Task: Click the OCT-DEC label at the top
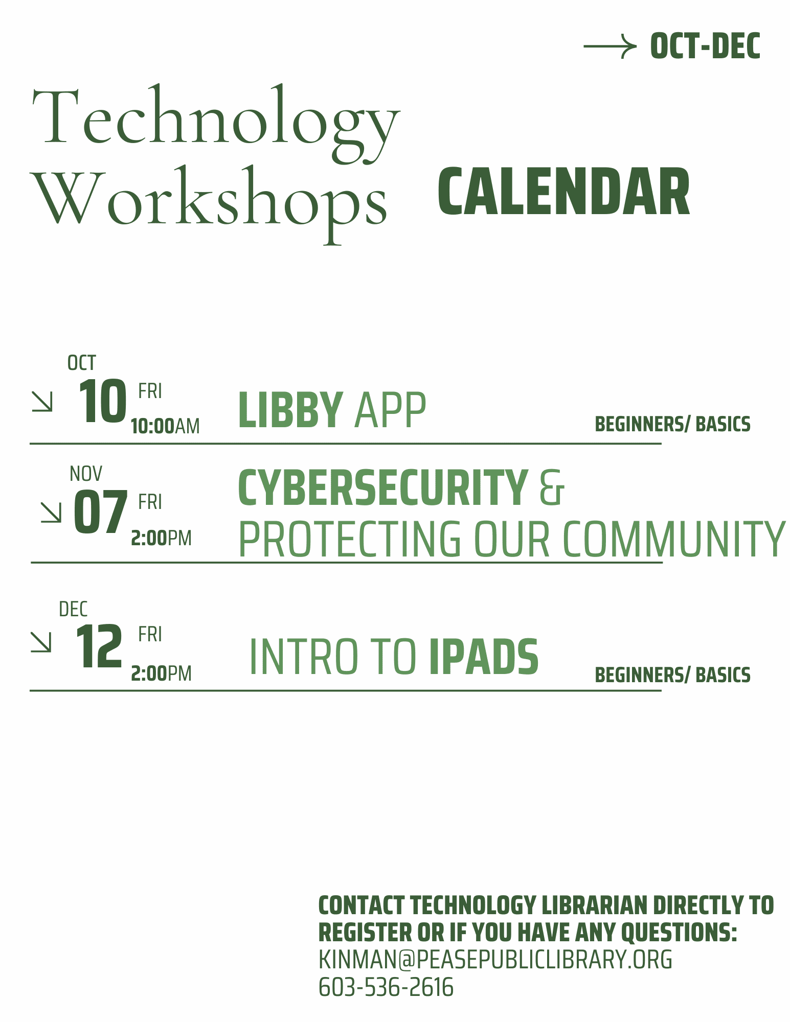(x=705, y=46)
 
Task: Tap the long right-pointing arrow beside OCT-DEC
(x=610, y=47)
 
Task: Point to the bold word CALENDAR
(x=564, y=193)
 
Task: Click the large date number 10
(x=102, y=402)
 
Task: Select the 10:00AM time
(x=165, y=426)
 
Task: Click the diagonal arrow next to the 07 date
(x=51, y=512)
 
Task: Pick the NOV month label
(x=86, y=474)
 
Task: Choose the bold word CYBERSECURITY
(x=382, y=488)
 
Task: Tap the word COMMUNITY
(x=673, y=539)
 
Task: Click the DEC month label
(x=73, y=609)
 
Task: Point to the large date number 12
(x=99, y=647)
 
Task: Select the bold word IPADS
(x=484, y=657)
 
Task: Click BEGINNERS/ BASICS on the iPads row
(x=672, y=675)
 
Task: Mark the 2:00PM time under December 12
(x=161, y=673)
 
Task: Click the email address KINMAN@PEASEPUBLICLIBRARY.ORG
(x=495, y=960)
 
